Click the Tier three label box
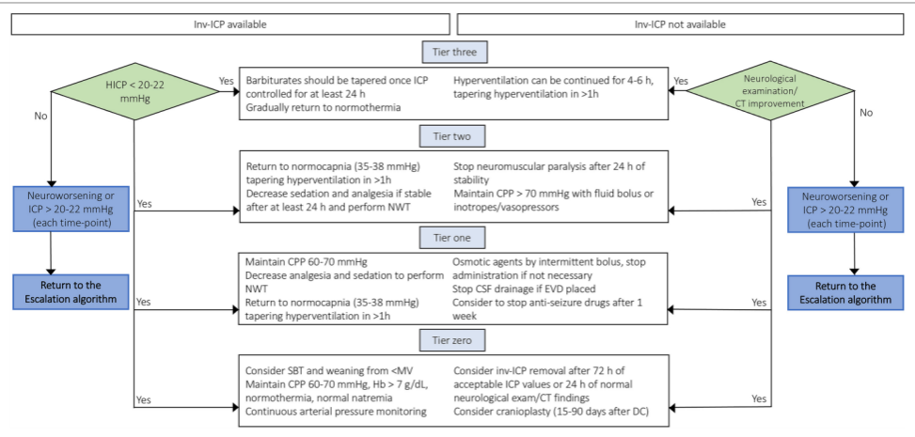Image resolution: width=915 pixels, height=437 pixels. [x=455, y=53]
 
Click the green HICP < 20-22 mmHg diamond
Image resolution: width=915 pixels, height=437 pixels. [x=134, y=91]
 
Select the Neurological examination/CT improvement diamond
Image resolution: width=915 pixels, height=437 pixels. [x=771, y=91]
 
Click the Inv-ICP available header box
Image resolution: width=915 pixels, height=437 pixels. [x=230, y=24]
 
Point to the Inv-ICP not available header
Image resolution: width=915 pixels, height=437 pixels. [x=680, y=24]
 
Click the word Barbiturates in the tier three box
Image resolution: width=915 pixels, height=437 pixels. [x=272, y=81]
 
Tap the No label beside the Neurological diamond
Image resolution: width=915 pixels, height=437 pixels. [x=866, y=113]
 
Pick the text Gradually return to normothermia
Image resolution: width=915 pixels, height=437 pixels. [x=323, y=107]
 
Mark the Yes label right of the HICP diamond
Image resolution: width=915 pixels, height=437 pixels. [x=227, y=81]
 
